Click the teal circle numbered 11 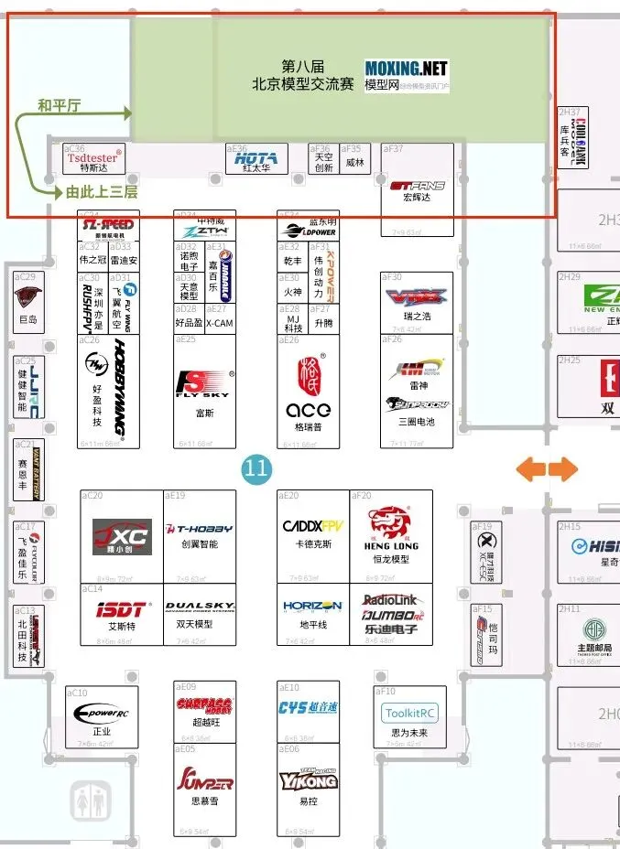(256, 469)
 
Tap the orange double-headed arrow (547, 469)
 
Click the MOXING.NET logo (406, 68)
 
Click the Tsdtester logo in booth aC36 (92, 157)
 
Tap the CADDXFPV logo (311, 528)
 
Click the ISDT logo (121, 607)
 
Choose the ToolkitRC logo (408, 713)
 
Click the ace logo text (308, 409)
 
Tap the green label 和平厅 (59, 105)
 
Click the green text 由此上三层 (102, 192)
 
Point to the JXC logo (122, 534)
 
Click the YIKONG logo (310, 779)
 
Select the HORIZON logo (311, 607)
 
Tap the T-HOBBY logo (199, 529)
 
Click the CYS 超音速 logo (310, 707)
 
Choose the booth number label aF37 (394, 148)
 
